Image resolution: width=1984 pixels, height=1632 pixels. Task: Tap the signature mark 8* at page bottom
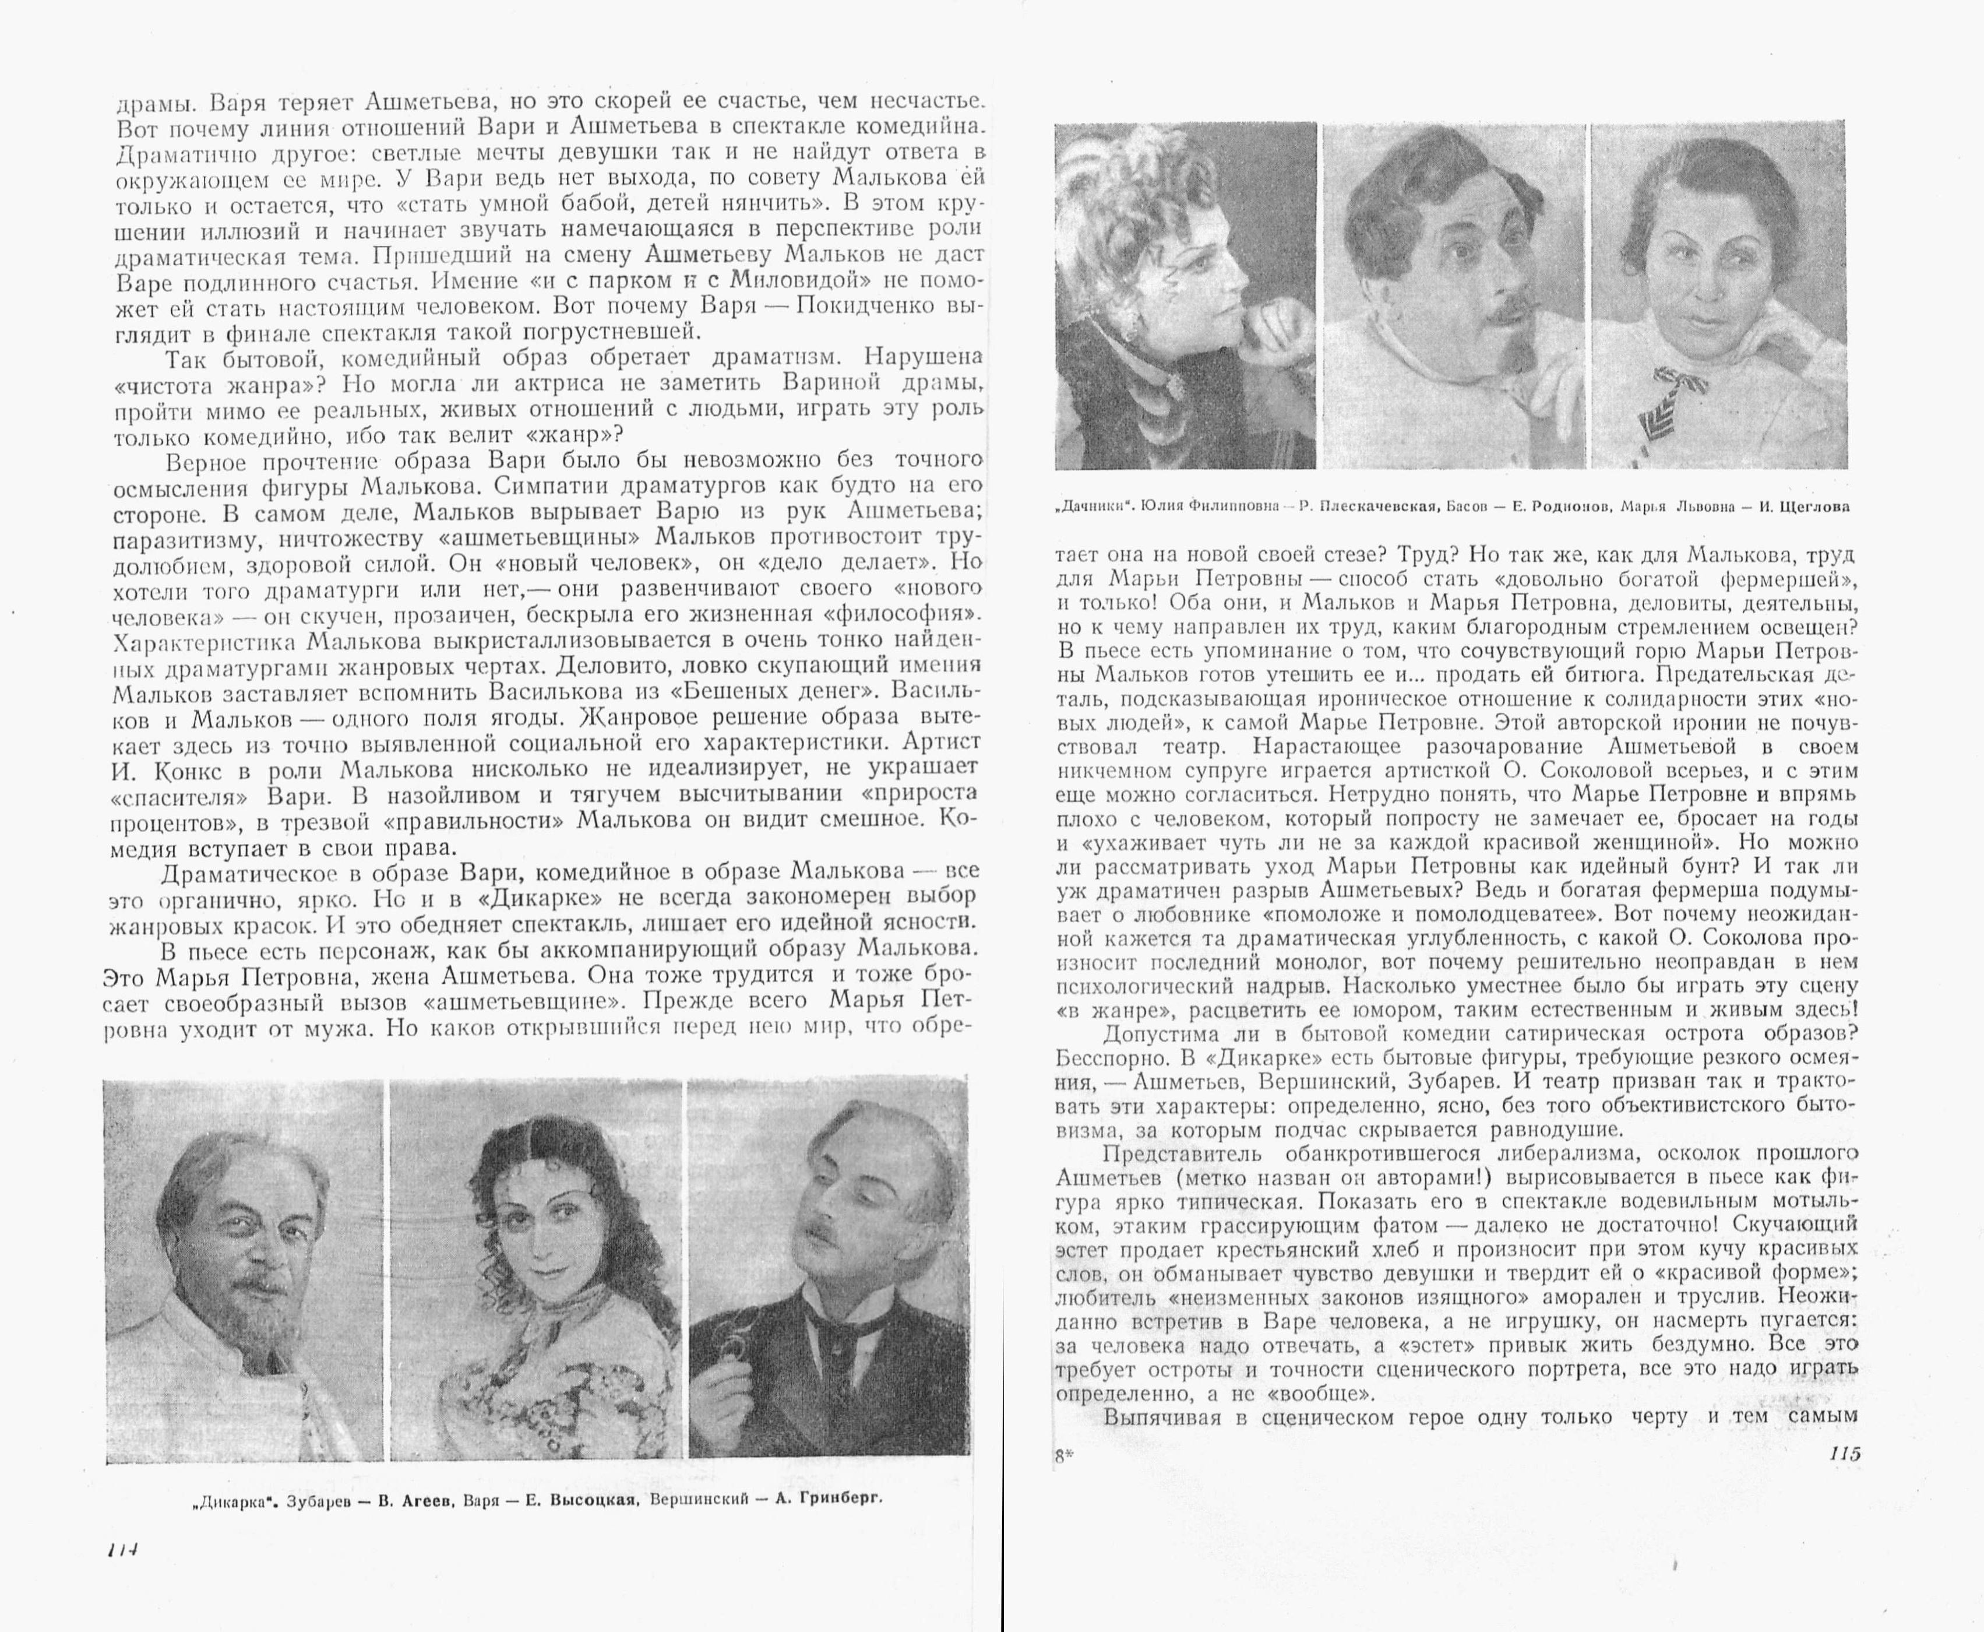point(1064,1456)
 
